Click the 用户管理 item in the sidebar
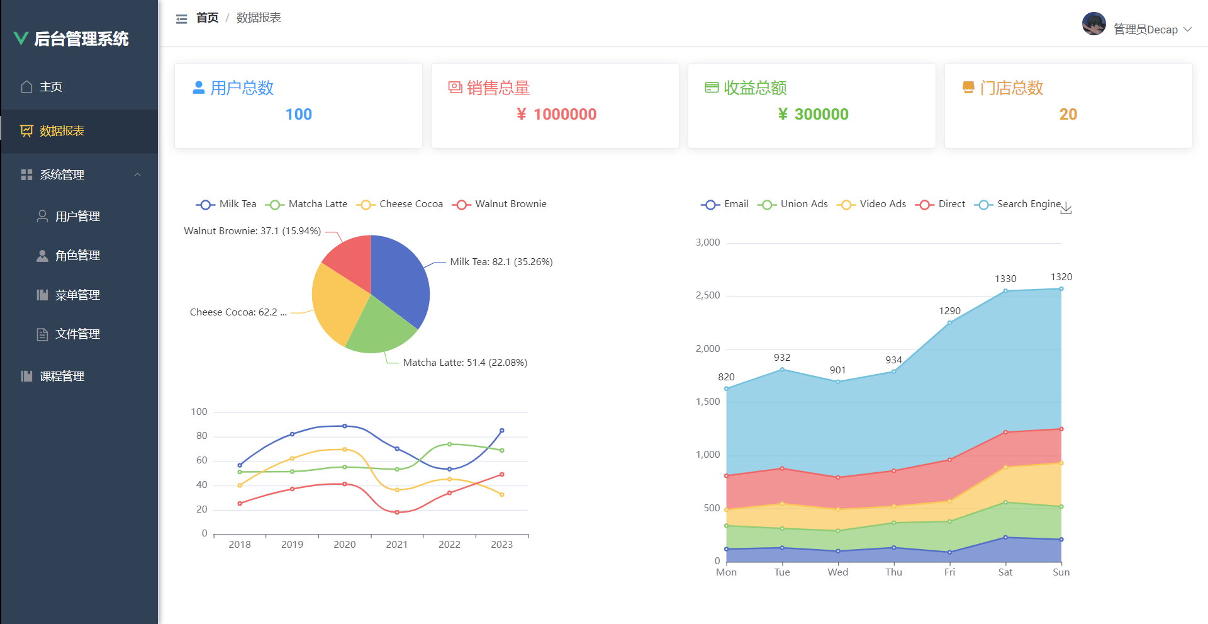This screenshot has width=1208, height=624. pyautogui.click(x=77, y=217)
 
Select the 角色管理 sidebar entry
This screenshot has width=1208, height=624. pyautogui.click(x=77, y=256)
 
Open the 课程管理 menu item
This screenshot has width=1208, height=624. pyautogui.click(x=62, y=377)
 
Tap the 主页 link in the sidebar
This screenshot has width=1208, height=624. pyautogui.click(x=50, y=87)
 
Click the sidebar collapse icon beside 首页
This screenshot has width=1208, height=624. pyautogui.click(x=181, y=19)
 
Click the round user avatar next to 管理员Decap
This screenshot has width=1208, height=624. pyautogui.click(x=1093, y=25)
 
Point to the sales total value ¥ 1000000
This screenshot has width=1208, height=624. pyautogui.click(x=556, y=115)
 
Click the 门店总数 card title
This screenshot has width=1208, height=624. pyautogui.click(x=1011, y=88)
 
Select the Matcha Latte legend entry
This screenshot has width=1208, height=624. pyautogui.click(x=308, y=204)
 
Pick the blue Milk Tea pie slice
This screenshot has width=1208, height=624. pyautogui.click(x=400, y=277)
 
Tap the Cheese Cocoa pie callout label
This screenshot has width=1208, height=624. pyautogui.click(x=238, y=312)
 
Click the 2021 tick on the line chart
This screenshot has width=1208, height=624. pyautogui.click(x=396, y=545)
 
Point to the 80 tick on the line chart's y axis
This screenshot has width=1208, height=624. pyautogui.click(x=201, y=436)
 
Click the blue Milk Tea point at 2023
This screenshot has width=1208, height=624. pyautogui.click(x=501, y=431)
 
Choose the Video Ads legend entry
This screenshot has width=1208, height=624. pyautogui.click(x=873, y=204)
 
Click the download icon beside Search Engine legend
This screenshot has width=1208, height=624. pyautogui.click(x=1066, y=209)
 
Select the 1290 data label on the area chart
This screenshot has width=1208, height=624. pyautogui.click(x=949, y=311)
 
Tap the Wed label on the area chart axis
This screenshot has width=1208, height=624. pyautogui.click(x=837, y=572)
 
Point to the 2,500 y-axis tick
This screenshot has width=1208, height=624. pyautogui.click(x=708, y=295)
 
